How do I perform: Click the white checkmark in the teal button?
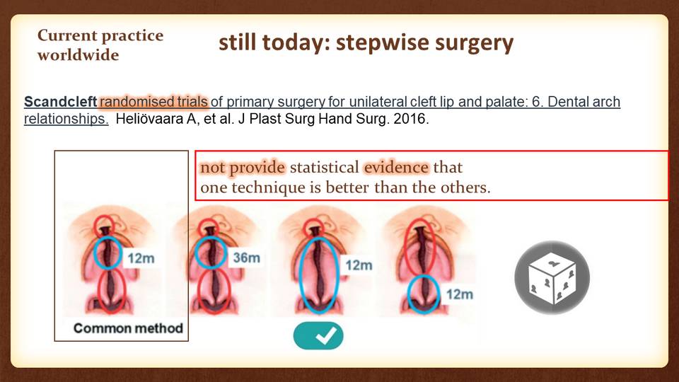(x=326, y=335)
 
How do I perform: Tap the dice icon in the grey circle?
(x=552, y=277)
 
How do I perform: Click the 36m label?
(x=246, y=257)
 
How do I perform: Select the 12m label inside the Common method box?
(x=141, y=259)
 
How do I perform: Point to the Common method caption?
(x=128, y=328)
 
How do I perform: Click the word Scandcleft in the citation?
(x=60, y=102)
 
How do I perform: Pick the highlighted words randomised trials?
(x=153, y=102)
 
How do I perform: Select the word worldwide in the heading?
(x=79, y=55)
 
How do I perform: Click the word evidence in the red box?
(x=396, y=167)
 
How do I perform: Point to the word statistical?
(x=325, y=167)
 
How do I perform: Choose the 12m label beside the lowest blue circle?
(x=460, y=294)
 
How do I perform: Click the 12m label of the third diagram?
(x=359, y=265)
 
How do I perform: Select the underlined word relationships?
(x=66, y=119)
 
